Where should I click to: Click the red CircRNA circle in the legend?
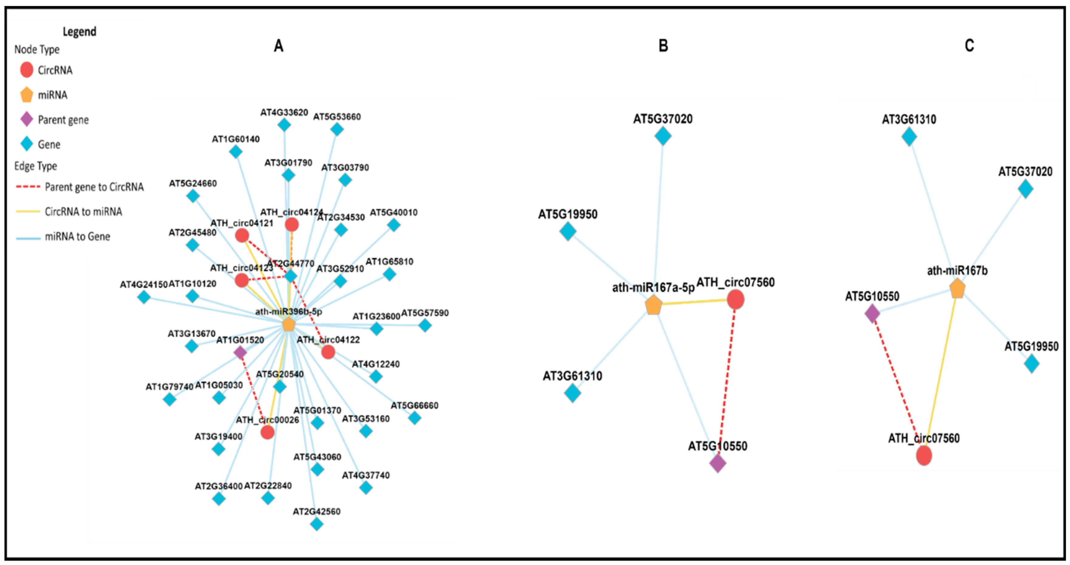27,70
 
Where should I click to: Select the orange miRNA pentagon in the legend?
27,95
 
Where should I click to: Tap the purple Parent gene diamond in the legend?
27,120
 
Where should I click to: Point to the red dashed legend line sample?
28,187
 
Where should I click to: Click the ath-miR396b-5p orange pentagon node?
288,324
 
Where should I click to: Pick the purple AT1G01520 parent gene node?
240,353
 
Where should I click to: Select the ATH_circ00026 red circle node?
267,432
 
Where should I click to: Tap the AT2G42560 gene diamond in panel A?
316,524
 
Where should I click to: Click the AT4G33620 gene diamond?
284,124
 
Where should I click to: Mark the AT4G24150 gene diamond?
144,296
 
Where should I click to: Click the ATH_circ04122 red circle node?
328,352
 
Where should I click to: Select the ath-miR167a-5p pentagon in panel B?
653,306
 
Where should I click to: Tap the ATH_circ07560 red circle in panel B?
735,299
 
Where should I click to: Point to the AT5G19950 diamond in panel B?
568,231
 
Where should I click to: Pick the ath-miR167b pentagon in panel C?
957,289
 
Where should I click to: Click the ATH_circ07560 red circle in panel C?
924,455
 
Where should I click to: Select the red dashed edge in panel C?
897,382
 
